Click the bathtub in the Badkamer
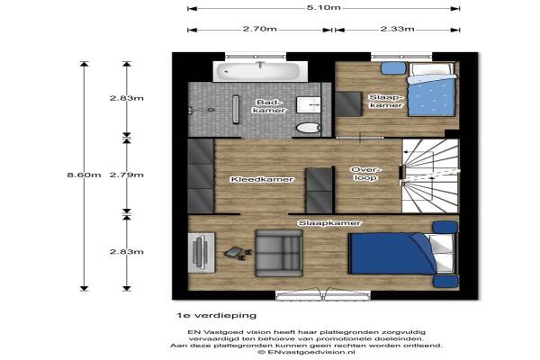pyautogui.click(x=260, y=71)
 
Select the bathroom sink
pyautogui.click(x=309, y=104)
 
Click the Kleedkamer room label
pyautogui.click(x=262, y=179)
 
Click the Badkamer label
pyautogui.click(x=269, y=106)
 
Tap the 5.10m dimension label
pyautogui.click(x=323, y=7)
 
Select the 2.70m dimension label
pyautogui.click(x=260, y=29)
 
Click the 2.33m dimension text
pyautogui.click(x=397, y=29)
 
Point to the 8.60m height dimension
pyautogui.click(x=84, y=175)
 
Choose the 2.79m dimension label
pyautogui.click(x=126, y=175)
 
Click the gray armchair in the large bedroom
pyautogui.click(x=279, y=253)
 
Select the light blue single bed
pyautogui.click(x=431, y=90)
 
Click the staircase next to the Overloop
pyautogui.click(x=430, y=175)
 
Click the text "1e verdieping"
pyautogui.click(x=216, y=315)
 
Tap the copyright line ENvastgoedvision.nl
pyautogui.click(x=307, y=352)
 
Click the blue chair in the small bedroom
pyautogui.click(x=393, y=67)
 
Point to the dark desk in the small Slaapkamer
pyautogui.click(x=349, y=103)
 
